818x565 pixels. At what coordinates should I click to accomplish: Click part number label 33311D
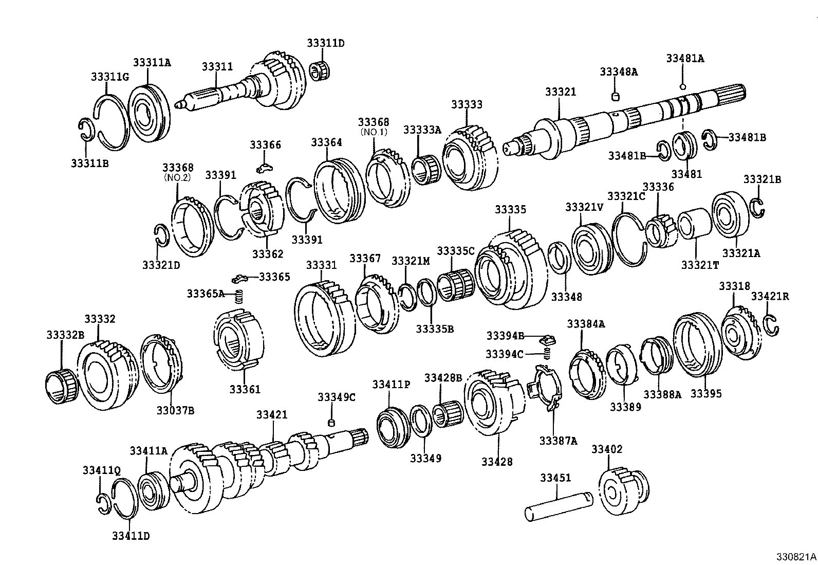point(326,43)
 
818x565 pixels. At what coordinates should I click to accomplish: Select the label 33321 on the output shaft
point(561,92)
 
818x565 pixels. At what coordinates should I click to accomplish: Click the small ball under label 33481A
point(682,86)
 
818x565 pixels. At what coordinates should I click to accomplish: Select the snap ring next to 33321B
point(758,207)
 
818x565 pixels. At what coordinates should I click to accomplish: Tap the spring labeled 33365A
point(238,297)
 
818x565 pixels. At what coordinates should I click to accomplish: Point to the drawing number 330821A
point(796,557)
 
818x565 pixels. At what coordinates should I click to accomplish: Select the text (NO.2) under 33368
point(177,178)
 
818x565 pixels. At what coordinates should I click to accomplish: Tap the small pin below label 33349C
point(331,423)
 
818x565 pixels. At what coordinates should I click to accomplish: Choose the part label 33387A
point(558,441)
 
